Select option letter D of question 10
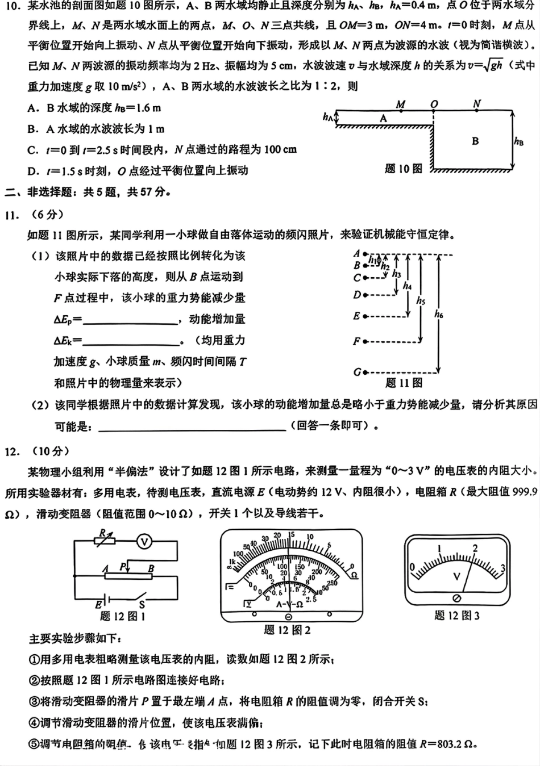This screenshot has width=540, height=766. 33,170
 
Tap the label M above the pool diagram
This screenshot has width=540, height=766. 401,104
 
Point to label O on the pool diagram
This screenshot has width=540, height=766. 434,104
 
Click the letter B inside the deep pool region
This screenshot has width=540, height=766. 475,141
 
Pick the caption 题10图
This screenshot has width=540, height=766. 404,169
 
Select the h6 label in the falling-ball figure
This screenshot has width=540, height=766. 438,313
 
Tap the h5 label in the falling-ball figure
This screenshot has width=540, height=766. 421,300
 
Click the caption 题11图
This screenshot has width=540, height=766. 404,383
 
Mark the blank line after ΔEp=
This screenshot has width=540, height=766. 131,323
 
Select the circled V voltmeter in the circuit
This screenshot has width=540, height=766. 144,542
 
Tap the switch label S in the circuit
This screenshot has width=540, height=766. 142,605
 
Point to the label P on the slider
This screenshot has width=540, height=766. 123,566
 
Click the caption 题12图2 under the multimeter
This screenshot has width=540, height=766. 288,630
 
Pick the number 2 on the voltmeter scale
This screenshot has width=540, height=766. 475,548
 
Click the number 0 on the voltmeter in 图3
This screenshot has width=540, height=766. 413,566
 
